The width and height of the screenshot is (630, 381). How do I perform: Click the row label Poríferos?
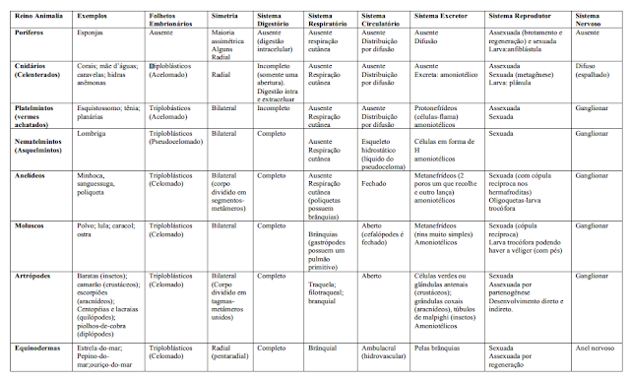(27, 32)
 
